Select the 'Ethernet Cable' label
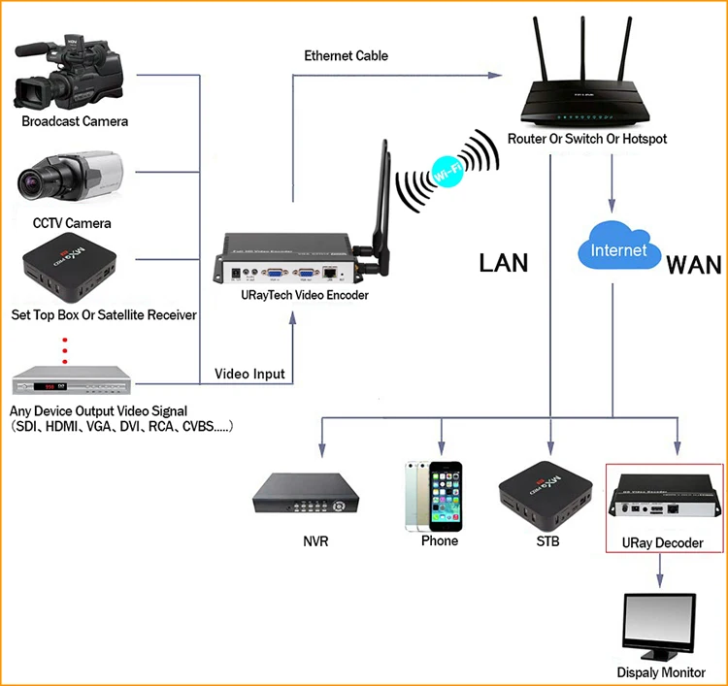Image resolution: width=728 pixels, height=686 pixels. [x=347, y=56]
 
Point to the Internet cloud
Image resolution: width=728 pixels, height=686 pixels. [x=617, y=251]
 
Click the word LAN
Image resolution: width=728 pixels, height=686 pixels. [x=503, y=263]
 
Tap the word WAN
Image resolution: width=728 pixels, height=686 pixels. [x=693, y=264]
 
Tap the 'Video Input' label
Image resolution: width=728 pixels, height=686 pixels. [x=248, y=375]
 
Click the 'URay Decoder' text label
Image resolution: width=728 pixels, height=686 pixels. [x=665, y=542]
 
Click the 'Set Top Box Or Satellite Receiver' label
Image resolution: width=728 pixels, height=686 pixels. [x=104, y=314]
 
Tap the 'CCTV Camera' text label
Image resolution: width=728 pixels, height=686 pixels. [x=72, y=223]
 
